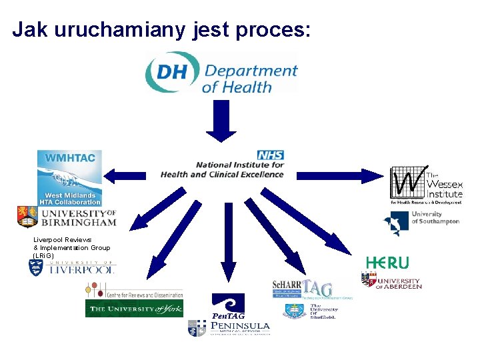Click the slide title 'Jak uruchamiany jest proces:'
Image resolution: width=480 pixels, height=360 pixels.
(161, 30)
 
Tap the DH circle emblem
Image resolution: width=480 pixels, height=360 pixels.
(172, 72)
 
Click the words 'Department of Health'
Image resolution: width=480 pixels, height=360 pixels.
(249, 78)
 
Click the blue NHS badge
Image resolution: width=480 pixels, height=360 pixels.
(271, 155)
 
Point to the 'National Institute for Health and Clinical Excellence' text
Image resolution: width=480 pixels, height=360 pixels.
(223, 169)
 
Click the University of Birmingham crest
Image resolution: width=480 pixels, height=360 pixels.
(27, 217)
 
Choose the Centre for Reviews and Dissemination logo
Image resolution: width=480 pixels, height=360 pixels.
(133, 291)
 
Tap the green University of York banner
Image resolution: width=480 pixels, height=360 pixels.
(134, 309)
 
